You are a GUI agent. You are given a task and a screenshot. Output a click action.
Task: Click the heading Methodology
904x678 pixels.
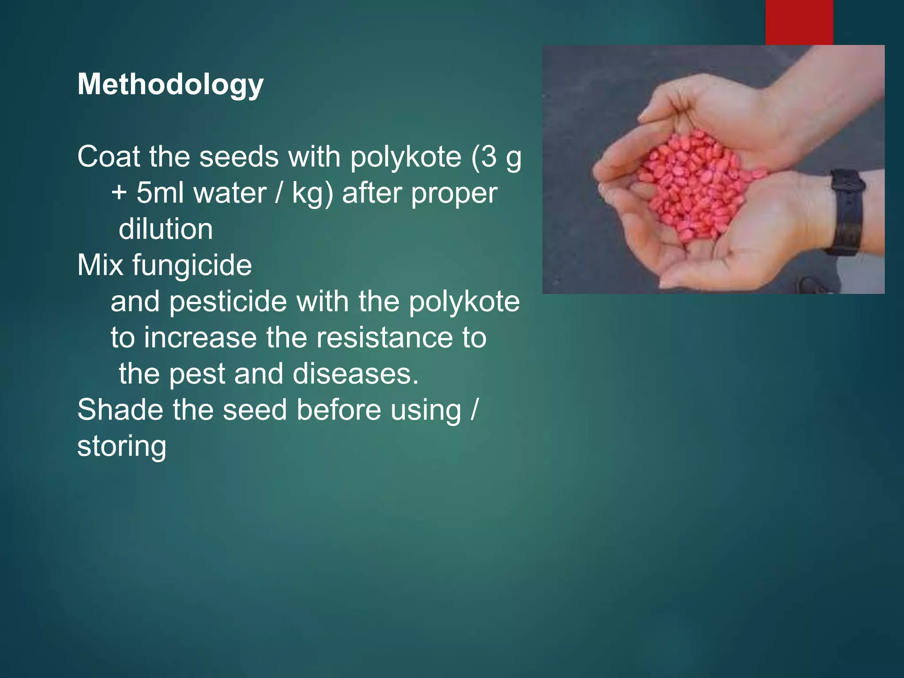(x=170, y=84)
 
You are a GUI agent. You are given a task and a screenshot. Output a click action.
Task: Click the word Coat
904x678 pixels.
(x=109, y=157)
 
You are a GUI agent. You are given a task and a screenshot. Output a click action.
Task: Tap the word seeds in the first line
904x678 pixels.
(x=239, y=157)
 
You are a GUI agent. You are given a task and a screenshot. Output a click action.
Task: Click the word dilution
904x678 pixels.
(x=166, y=229)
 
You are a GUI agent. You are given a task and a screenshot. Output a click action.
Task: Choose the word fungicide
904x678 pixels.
(x=192, y=265)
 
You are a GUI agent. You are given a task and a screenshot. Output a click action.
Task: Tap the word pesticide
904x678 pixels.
(x=228, y=301)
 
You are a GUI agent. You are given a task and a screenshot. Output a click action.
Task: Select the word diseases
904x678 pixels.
(x=355, y=374)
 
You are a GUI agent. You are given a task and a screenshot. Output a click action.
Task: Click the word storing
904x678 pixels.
(x=122, y=446)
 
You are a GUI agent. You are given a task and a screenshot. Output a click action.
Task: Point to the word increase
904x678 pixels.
(x=200, y=338)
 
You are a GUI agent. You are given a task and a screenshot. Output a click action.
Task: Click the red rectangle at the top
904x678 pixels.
(x=799, y=22)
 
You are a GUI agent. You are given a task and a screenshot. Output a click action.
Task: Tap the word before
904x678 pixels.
(x=339, y=410)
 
